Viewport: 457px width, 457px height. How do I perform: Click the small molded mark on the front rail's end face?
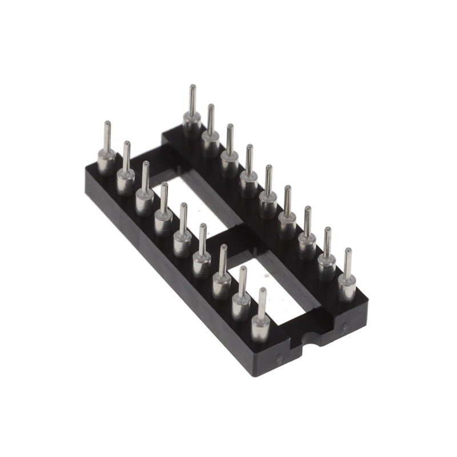(279, 360)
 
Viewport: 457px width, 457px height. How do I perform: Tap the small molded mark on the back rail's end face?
(343, 328)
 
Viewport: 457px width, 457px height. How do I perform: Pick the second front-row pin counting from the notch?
(242, 302)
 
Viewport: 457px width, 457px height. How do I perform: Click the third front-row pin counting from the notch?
(222, 280)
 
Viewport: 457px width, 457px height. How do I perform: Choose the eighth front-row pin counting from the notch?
(126, 176)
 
